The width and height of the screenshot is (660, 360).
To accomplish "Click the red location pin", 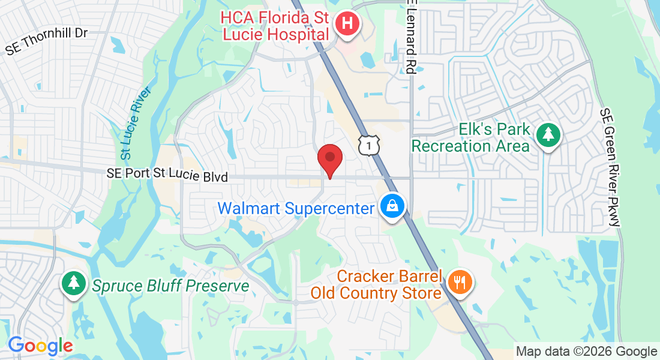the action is click(329, 159).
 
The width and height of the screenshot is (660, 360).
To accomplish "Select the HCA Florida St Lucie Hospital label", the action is click(275, 26).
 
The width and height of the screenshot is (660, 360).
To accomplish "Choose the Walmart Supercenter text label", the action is click(296, 209).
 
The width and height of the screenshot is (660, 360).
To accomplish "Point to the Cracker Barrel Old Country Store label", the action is click(376, 285).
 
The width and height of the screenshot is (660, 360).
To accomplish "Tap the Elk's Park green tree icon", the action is click(547, 135).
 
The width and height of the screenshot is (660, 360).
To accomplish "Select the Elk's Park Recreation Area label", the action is click(471, 137).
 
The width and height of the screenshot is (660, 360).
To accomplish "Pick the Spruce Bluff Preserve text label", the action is click(170, 286).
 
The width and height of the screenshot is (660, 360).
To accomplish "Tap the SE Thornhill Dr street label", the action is click(47, 41).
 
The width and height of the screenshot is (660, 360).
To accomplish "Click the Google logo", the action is click(40, 346).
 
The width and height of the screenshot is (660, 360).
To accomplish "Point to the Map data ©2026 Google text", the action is click(587, 352).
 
